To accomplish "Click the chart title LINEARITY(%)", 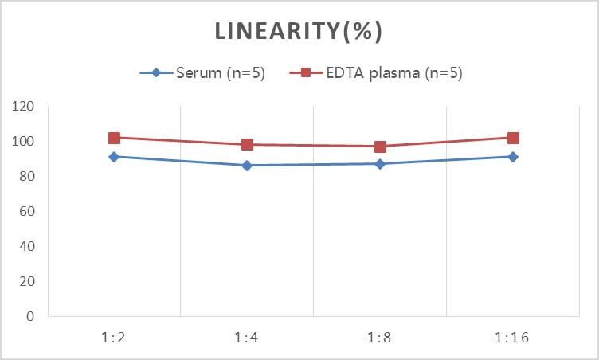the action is [x=299, y=31].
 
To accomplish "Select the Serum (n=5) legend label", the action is [x=221, y=72].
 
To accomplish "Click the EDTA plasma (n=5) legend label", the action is [x=394, y=72].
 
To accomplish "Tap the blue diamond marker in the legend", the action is [x=156, y=72].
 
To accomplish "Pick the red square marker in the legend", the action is [x=306, y=72].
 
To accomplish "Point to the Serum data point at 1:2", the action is [x=114, y=157].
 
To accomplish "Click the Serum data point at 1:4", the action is [x=247, y=166].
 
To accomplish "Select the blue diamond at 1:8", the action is [x=380, y=164].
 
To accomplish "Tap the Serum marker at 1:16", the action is [x=513, y=157].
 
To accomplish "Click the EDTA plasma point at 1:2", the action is [x=114, y=138].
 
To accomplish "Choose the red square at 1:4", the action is [x=247, y=144].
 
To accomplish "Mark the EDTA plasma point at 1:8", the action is [x=380, y=147].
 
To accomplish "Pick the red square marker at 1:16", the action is [x=513, y=138].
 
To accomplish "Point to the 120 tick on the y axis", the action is [x=23, y=106].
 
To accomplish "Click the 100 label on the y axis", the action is [x=23, y=141].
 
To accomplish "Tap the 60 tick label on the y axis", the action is [x=27, y=211].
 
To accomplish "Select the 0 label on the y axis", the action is [x=30, y=316].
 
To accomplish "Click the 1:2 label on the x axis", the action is [x=113, y=338].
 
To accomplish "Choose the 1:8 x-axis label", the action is [x=379, y=338].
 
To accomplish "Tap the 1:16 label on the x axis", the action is [x=512, y=338].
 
